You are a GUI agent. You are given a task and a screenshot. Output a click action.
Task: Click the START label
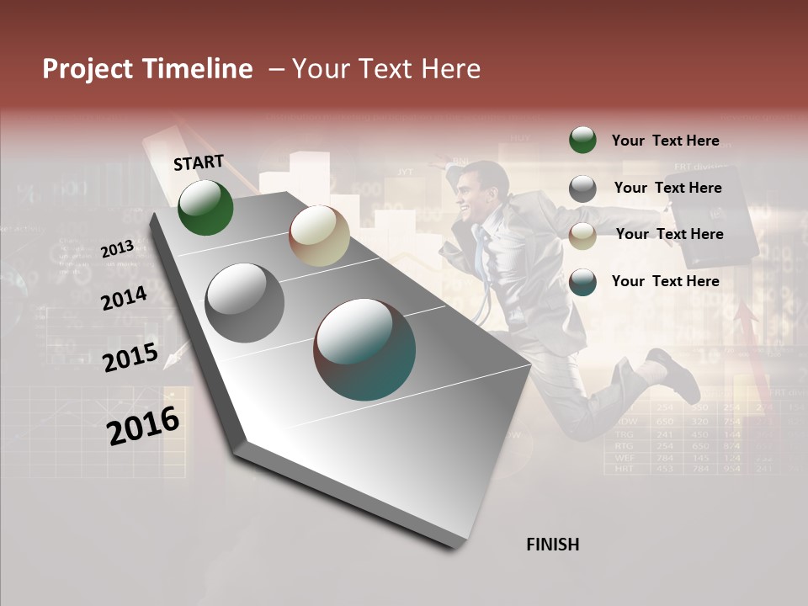click(x=199, y=162)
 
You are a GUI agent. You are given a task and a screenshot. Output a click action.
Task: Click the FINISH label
click(x=552, y=545)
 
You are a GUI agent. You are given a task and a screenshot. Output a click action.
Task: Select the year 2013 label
click(x=117, y=248)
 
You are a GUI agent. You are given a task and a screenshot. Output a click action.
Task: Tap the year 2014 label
click(x=124, y=298)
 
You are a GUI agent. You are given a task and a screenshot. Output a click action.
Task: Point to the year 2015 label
click(x=130, y=358)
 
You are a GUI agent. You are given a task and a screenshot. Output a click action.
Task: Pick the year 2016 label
click(x=143, y=426)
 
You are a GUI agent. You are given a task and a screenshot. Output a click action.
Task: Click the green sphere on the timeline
click(x=205, y=207)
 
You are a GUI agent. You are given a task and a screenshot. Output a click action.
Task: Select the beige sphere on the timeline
click(x=318, y=236)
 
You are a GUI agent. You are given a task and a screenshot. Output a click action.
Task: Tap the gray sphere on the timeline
click(x=244, y=302)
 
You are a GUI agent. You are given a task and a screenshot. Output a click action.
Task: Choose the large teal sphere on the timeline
click(x=364, y=349)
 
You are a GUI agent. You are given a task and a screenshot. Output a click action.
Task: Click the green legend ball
click(x=582, y=140)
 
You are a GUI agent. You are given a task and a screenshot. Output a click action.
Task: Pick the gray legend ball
click(x=582, y=189)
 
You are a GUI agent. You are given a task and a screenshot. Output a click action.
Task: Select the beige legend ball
click(x=582, y=236)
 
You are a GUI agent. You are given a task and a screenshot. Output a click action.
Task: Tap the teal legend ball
click(x=582, y=282)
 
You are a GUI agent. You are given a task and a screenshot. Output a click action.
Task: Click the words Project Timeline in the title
click(x=147, y=69)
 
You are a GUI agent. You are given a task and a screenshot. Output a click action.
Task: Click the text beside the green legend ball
click(x=665, y=141)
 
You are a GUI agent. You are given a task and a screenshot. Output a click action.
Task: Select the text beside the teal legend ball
click(x=665, y=281)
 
